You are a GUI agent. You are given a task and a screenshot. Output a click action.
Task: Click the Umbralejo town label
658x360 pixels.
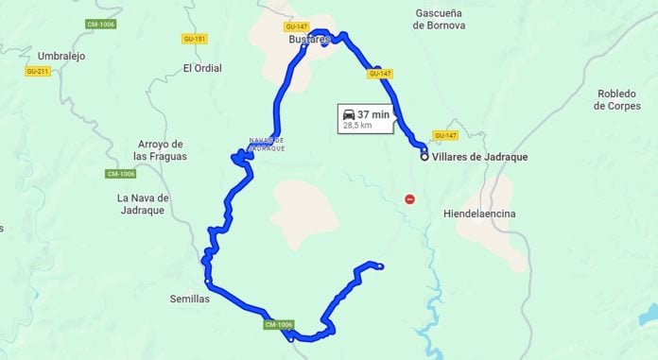pyautogui.click(x=61, y=56)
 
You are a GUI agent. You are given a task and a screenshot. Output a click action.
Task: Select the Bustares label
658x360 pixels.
pyautogui.click(x=309, y=41)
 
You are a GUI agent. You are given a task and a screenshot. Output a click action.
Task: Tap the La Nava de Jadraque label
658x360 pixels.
pyautogui.click(x=142, y=203)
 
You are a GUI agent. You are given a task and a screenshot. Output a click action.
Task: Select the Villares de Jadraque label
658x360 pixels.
pyautogui.click(x=479, y=157)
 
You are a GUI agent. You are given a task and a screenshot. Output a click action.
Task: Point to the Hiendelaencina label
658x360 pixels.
pyautogui.click(x=479, y=214)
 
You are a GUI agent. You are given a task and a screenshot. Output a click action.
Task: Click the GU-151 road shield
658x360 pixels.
pyautogui.click(x=195, y=39)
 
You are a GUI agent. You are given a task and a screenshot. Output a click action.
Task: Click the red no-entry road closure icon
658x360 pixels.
pyautogui.click(x=409, y=198)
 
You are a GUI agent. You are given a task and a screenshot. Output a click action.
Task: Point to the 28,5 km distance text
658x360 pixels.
pyautogui.click(x=356, y=125)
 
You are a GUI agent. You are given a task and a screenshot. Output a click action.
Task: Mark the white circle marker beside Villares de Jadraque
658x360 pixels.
pyautogui.click(x=424, y=157)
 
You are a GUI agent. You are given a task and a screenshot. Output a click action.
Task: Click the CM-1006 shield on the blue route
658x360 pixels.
pyautogui.click(x=279, y=325)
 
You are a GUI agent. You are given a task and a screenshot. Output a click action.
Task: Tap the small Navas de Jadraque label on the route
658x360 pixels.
pyautogui.click(x=267, y=145)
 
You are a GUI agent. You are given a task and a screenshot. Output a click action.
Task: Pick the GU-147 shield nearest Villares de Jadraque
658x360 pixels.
pyautogui.click(x=445, y=135)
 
